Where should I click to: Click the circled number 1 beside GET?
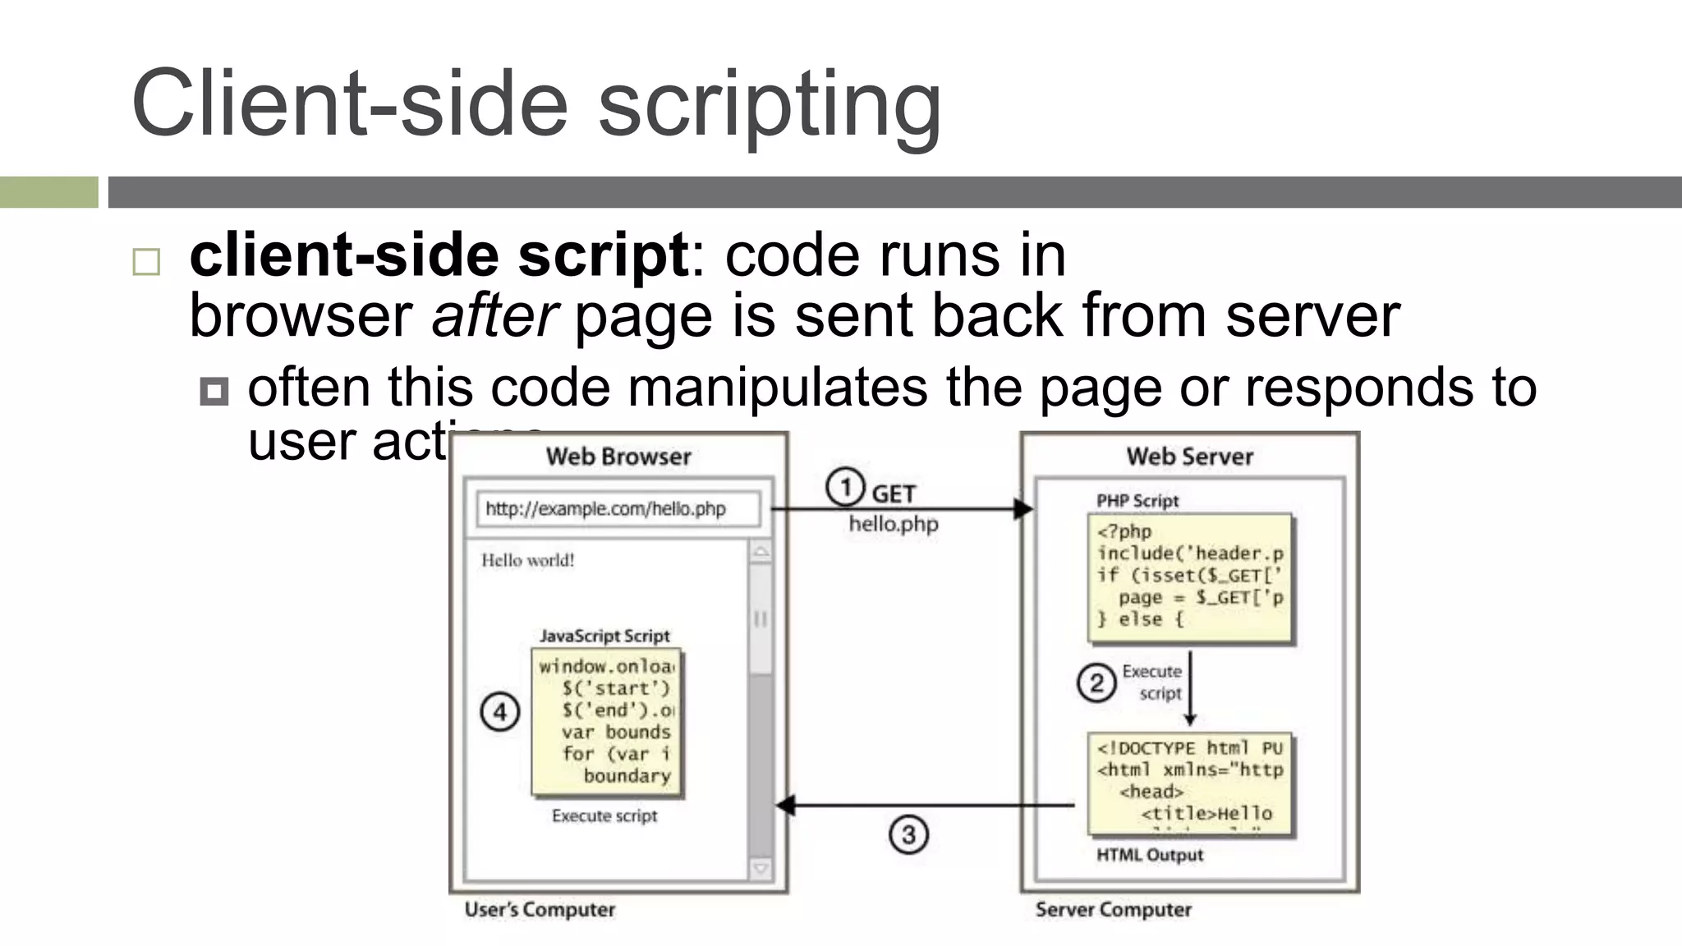click(x=845, y=487)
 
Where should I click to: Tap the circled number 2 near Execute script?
click(x=1096, y=682)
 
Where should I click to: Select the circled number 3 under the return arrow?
click(x=908, y=834)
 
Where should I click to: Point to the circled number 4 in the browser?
click(x=499, y=711)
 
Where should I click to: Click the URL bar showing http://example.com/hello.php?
click(x=618, y=509)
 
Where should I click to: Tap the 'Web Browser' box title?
click(x=618, y=457)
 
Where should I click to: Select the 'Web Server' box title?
click(x=1189, y=457)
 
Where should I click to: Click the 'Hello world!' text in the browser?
click(x=527, y=560)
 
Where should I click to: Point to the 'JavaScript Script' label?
click(x=604, y=636)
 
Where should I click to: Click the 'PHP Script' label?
click(x=1137, y=500)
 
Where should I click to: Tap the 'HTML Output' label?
click(x=1150, y=855)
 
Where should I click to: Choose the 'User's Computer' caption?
click(x=540, y=909)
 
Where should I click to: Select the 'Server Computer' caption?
click(x=1113, y=909)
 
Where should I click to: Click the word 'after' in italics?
click(x=494, y=315)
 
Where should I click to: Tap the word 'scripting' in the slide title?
click(x=770, y=103)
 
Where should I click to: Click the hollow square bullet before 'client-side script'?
click(x=146, y=262)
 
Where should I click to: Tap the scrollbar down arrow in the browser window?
click(x=761, y=868)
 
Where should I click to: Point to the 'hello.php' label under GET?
click(x=894, y=524)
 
